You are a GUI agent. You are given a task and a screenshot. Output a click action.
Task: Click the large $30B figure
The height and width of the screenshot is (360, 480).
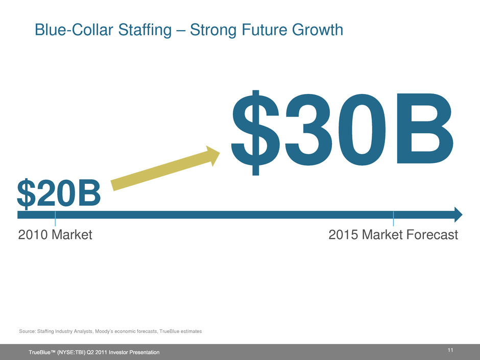[x=342, y=133]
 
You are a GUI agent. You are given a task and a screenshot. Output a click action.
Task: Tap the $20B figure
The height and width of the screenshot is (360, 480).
[x=59, y=194]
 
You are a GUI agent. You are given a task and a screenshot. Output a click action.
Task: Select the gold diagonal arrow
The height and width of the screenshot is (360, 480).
[x=165, y=168]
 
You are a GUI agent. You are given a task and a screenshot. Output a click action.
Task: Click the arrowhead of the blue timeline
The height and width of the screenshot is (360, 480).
[x=459, y=214]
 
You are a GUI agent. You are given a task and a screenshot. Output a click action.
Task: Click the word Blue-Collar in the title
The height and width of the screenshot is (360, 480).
[x=74, y=30]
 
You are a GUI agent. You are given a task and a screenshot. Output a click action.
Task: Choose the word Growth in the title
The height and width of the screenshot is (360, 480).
[x=318, y=30]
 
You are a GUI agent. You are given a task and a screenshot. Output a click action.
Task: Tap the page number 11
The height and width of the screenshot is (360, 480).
[x=450, y=350]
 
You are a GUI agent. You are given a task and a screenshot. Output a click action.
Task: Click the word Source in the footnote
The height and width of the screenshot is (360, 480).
[x=27, y=331]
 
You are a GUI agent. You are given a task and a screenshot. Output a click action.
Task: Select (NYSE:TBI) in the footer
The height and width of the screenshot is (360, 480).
[x=74, y=352]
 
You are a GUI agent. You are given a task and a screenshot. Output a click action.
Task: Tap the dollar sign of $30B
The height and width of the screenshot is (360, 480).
[x=255, y=133]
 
